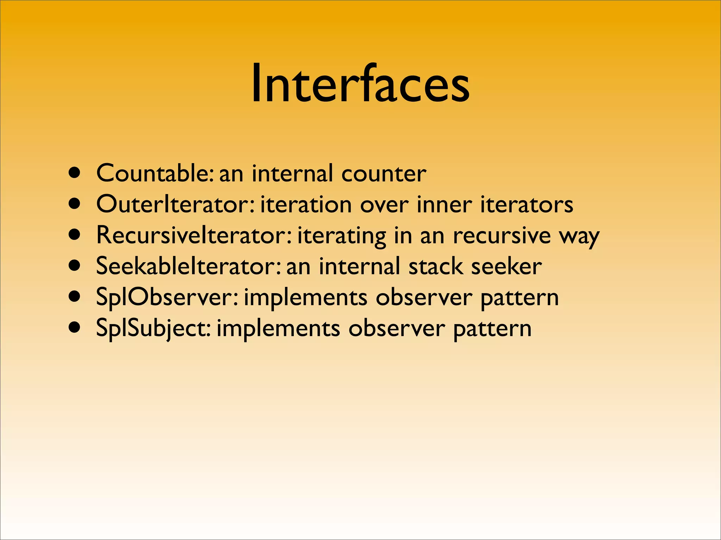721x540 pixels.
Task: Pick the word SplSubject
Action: click(153, 328)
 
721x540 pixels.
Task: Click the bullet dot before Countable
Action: click(75, 173)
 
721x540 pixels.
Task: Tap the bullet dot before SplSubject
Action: click(75, 328)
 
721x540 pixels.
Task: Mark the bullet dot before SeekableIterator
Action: click(75, 266)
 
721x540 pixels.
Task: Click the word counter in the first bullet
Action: click(383, 173)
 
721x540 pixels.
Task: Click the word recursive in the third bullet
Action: click(501, 235)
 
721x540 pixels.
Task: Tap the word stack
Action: click(435, 266)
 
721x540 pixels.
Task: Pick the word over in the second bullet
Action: click(384, 205)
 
